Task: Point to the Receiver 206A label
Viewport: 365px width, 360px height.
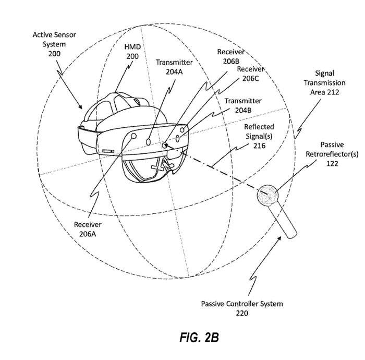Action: pos(88,230)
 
